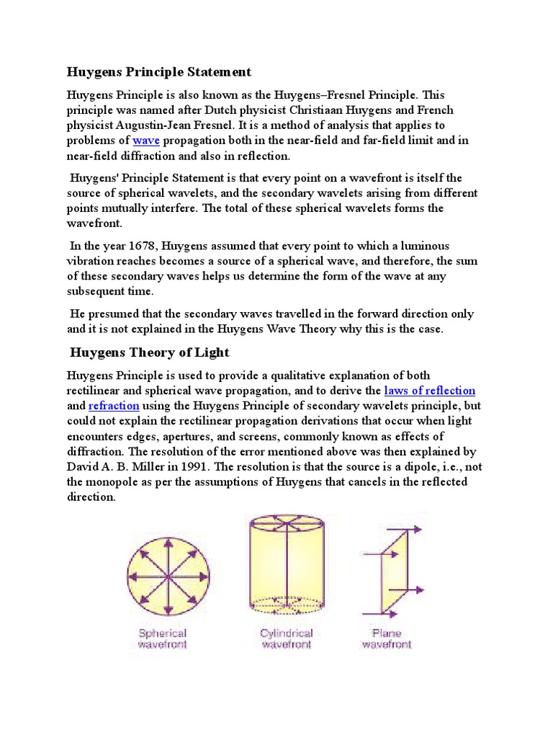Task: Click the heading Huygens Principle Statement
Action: pos(159,72)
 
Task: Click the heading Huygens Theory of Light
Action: pos(149,352)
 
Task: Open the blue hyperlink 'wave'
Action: pos(146,141)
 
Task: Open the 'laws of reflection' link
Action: pos(430,391)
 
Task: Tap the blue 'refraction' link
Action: pos(114,406)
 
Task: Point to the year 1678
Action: pos(147,246)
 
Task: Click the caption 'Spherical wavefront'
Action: pos(162,639)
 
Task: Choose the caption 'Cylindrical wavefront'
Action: pos(286,639)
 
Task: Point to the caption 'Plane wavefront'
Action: pos(386,639)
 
